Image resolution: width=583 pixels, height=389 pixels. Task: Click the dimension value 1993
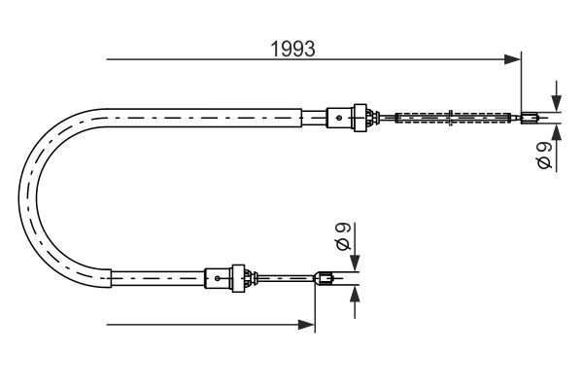point(292,48)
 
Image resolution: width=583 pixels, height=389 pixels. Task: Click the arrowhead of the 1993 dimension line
point(514,60)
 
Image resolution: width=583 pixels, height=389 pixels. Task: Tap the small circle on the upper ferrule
point(338,119)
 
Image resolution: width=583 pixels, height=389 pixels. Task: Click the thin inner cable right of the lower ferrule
point(287,280)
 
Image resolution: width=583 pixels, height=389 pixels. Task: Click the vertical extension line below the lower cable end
point(315,311)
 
